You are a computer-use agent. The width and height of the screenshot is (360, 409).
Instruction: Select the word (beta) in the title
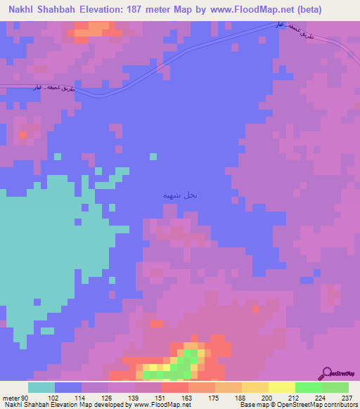pos(329,10)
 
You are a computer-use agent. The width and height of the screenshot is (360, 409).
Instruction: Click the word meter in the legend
pos(10,397)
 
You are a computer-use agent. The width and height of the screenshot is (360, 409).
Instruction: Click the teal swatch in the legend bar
pos(41,387)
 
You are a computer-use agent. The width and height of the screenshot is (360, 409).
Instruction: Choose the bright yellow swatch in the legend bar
pos(282,387)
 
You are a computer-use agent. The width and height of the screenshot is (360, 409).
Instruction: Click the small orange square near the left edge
pos(23,134)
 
